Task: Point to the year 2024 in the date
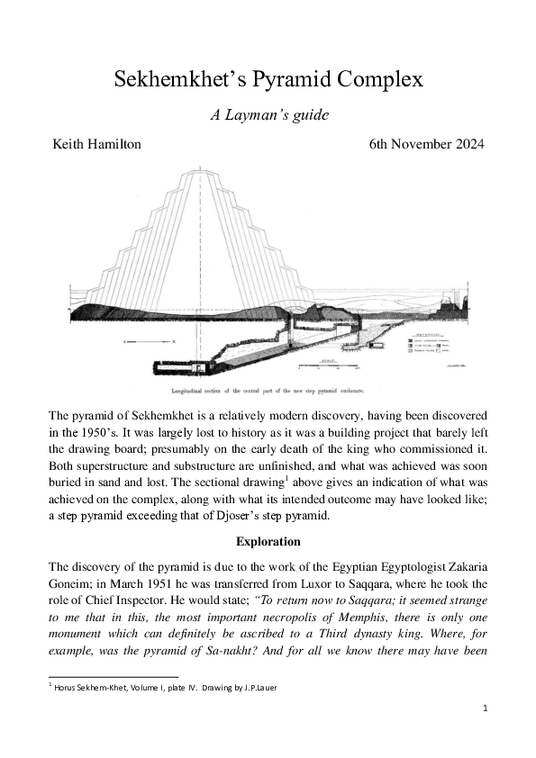[x=466, y=145]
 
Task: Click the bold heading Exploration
[x=268, y=542]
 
